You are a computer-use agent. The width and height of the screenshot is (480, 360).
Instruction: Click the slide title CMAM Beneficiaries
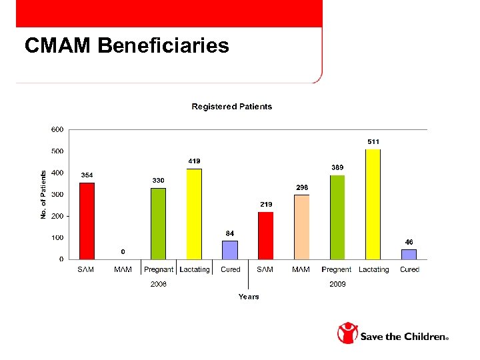click(127, 45)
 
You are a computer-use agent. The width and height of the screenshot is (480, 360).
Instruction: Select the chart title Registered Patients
click(231, 107)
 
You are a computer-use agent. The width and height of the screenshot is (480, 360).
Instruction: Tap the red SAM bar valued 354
click(87, 221)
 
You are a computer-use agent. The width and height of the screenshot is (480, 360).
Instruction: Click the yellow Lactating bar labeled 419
click(194, 214)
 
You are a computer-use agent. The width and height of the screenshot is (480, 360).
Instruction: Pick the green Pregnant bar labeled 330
click(158, 223)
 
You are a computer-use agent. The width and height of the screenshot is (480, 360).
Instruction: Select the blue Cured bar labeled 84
click(230, 250)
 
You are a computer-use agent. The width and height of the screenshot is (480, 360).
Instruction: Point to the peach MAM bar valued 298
click(301, 227)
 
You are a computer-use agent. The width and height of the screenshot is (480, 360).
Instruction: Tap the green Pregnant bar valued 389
click(337, 217)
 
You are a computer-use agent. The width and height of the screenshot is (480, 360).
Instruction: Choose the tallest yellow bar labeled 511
click(373, 204)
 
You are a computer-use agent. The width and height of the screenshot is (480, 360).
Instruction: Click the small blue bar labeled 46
click(409, 254)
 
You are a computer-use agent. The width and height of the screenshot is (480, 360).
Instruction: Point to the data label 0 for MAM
click(123, 251)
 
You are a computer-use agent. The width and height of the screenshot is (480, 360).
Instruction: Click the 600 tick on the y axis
click(58, 129)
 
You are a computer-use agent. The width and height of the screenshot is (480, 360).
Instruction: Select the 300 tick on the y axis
click(58, 195)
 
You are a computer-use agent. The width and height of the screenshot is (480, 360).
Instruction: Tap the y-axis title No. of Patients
click(43, 195)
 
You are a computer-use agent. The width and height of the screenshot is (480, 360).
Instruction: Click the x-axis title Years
click(249, 297)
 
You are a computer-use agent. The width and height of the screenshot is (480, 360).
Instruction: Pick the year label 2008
click(158, 284)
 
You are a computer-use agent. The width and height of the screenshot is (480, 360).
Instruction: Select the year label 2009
click(337, 284)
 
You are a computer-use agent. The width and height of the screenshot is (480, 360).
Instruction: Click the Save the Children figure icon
click(347, 333)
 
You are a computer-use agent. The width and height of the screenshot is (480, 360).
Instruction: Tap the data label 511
click(373, 141)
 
